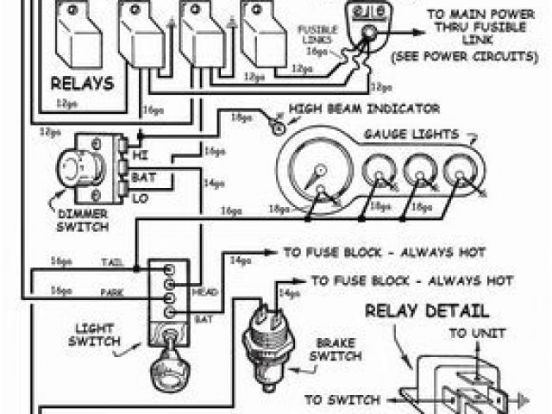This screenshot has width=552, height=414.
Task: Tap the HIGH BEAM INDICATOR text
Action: coord(364,109)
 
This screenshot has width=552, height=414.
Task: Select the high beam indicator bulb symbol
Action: coord(278,126)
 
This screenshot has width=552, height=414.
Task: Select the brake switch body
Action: coord(262,333)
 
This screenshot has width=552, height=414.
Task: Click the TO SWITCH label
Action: coord(342,399)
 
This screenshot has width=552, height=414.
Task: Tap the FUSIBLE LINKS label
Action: coord(317,34)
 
